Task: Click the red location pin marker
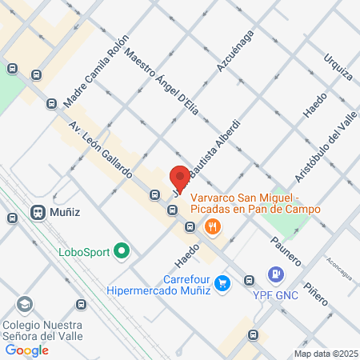(x=180, y=178)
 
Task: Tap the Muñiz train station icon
(x=37, y=213)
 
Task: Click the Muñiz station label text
(x=66, y=214)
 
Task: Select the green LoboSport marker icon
(x=122, y=252)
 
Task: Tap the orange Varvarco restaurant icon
(x=212, y=226)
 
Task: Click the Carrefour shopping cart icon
(x=223, y=282)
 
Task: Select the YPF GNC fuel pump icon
(x=276, y=274)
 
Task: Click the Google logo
(x=26, y=350)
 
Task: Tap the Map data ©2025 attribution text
(x=323, y=354)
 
